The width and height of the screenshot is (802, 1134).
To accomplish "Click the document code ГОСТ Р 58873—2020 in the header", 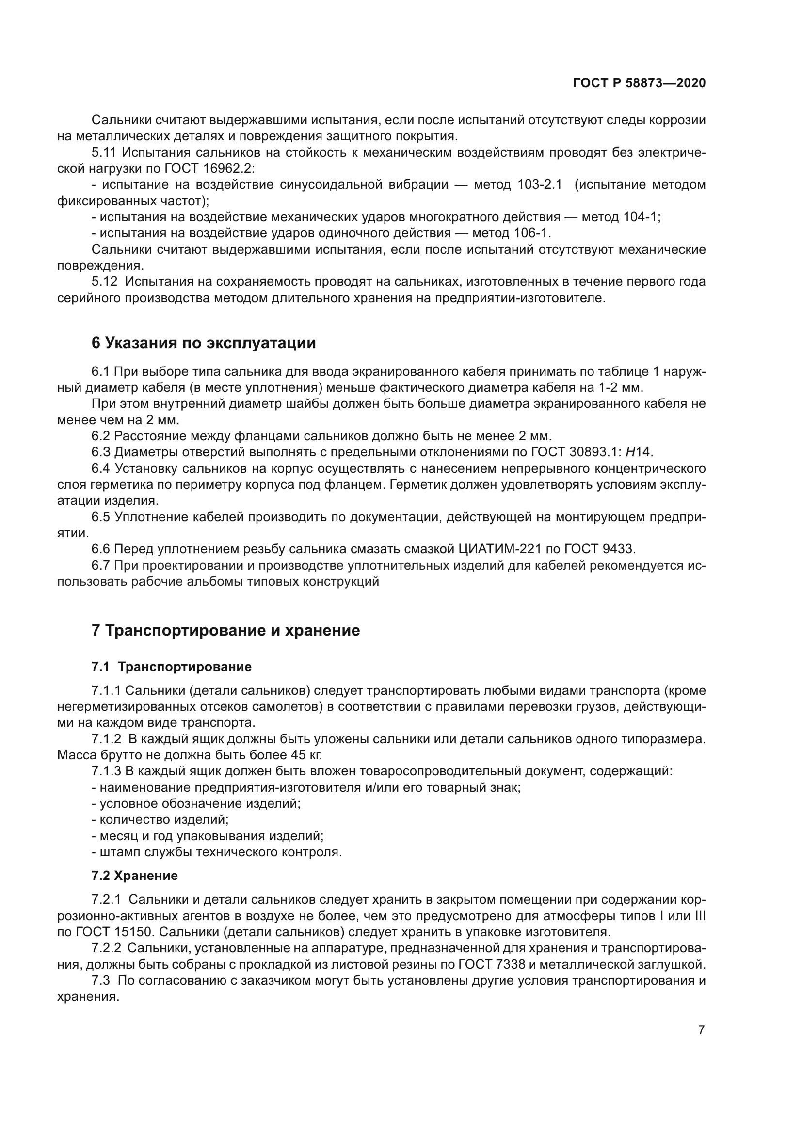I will coord(639,83).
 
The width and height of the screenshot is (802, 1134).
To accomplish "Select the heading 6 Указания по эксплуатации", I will coord(204,343).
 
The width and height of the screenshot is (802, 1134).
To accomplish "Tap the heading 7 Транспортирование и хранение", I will coord(225,630).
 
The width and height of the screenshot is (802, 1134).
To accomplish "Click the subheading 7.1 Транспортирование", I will coord(171,667).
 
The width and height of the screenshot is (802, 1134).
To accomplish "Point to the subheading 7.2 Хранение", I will coord(134,876).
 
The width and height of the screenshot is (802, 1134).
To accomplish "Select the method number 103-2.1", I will coord(540,185).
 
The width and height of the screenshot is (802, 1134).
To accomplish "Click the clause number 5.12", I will coord(105,282).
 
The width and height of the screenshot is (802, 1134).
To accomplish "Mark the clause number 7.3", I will coord(101,980).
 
